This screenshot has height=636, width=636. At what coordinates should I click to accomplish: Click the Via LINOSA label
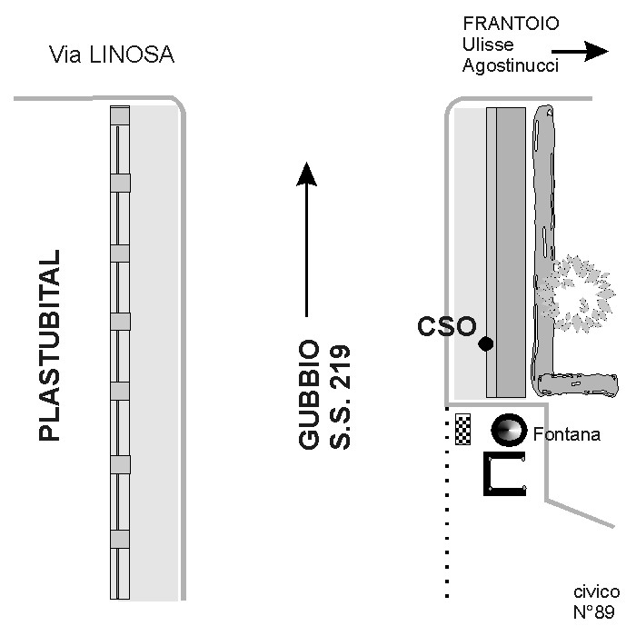coord(111,55)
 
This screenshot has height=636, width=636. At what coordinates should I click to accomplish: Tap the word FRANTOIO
coord(511,24)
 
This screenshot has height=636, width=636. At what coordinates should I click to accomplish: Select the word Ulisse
coord(488,45)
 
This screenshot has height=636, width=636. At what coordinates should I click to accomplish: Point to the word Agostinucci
coord(512,65)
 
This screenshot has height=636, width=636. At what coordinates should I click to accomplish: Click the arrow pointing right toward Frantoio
coord(581,52)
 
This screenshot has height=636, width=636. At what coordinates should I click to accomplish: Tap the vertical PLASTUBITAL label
coord(50,345)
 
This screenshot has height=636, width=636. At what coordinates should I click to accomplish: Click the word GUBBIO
coord(310,396)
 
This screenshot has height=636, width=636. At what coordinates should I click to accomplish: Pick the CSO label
coord(446,326)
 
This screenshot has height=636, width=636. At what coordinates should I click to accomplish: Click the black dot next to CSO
coord(486,343)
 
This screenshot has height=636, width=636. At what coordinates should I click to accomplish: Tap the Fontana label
coord(566,434)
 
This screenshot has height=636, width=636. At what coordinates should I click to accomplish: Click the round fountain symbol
coord(508,430)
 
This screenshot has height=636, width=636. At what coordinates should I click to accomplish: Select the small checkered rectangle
coord(463,430)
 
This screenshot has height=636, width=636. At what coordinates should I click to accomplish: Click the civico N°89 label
coord(596,601)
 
